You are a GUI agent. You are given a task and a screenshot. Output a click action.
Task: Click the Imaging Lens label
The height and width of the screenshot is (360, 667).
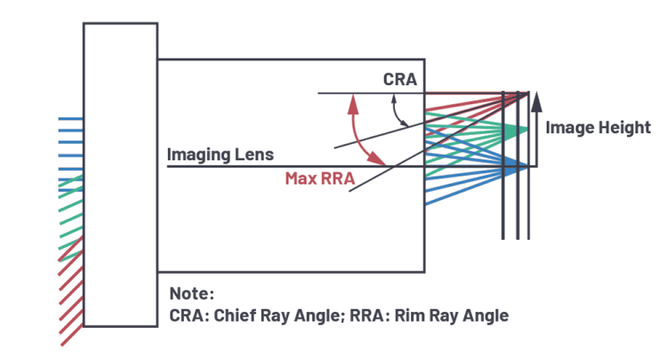point(221,155)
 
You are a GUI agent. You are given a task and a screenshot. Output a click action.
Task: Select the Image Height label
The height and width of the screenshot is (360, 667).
point(598,128)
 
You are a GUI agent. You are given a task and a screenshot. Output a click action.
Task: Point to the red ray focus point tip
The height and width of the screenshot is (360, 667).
point(530,93)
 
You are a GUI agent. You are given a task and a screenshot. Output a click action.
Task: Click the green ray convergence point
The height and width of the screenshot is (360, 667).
point(530,130)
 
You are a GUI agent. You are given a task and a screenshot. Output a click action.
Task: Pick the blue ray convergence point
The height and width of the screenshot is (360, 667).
point(530,166)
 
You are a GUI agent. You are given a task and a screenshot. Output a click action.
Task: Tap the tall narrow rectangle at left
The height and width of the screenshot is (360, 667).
point(120,175)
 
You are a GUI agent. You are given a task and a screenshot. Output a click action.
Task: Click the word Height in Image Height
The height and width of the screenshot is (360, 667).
point(624,128)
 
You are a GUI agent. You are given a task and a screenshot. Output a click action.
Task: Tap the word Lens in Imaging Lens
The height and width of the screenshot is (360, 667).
point(255,155)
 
